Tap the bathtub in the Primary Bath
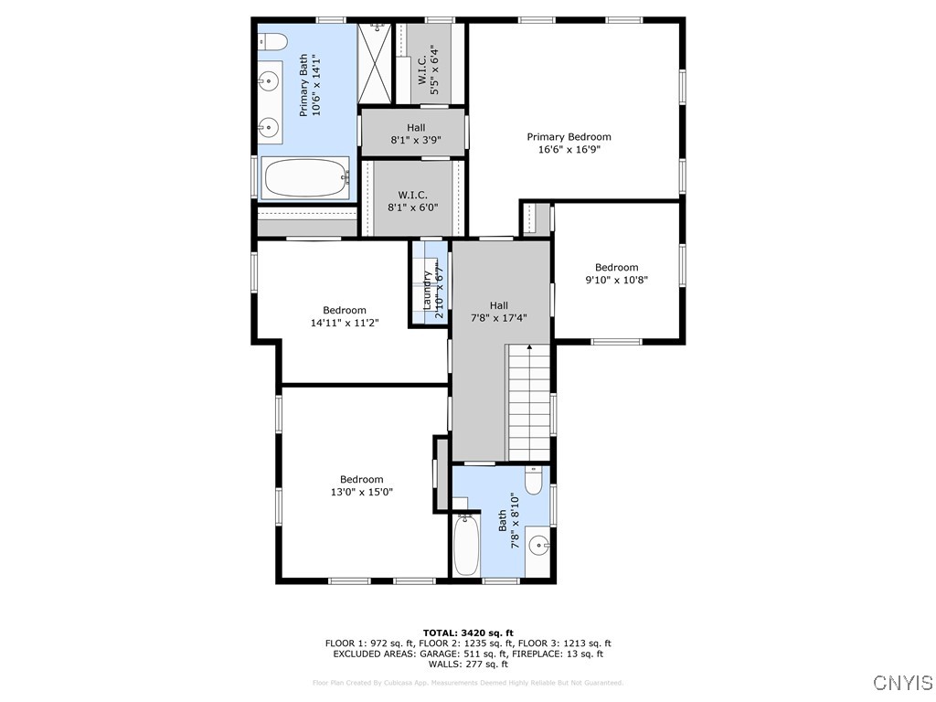tap(305, 178)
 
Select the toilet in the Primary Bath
tap(271, 41)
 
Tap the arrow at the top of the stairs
tap(529, 347)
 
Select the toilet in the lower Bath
tap(534, 480)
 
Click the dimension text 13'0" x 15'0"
tap(361, 492)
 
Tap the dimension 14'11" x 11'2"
tap(344, 323)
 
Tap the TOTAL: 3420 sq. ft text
tap(468, 633)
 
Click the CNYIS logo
tap(902, 683)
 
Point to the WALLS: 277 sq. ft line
tap(468, 665)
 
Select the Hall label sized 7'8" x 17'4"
tap(499, 312)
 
